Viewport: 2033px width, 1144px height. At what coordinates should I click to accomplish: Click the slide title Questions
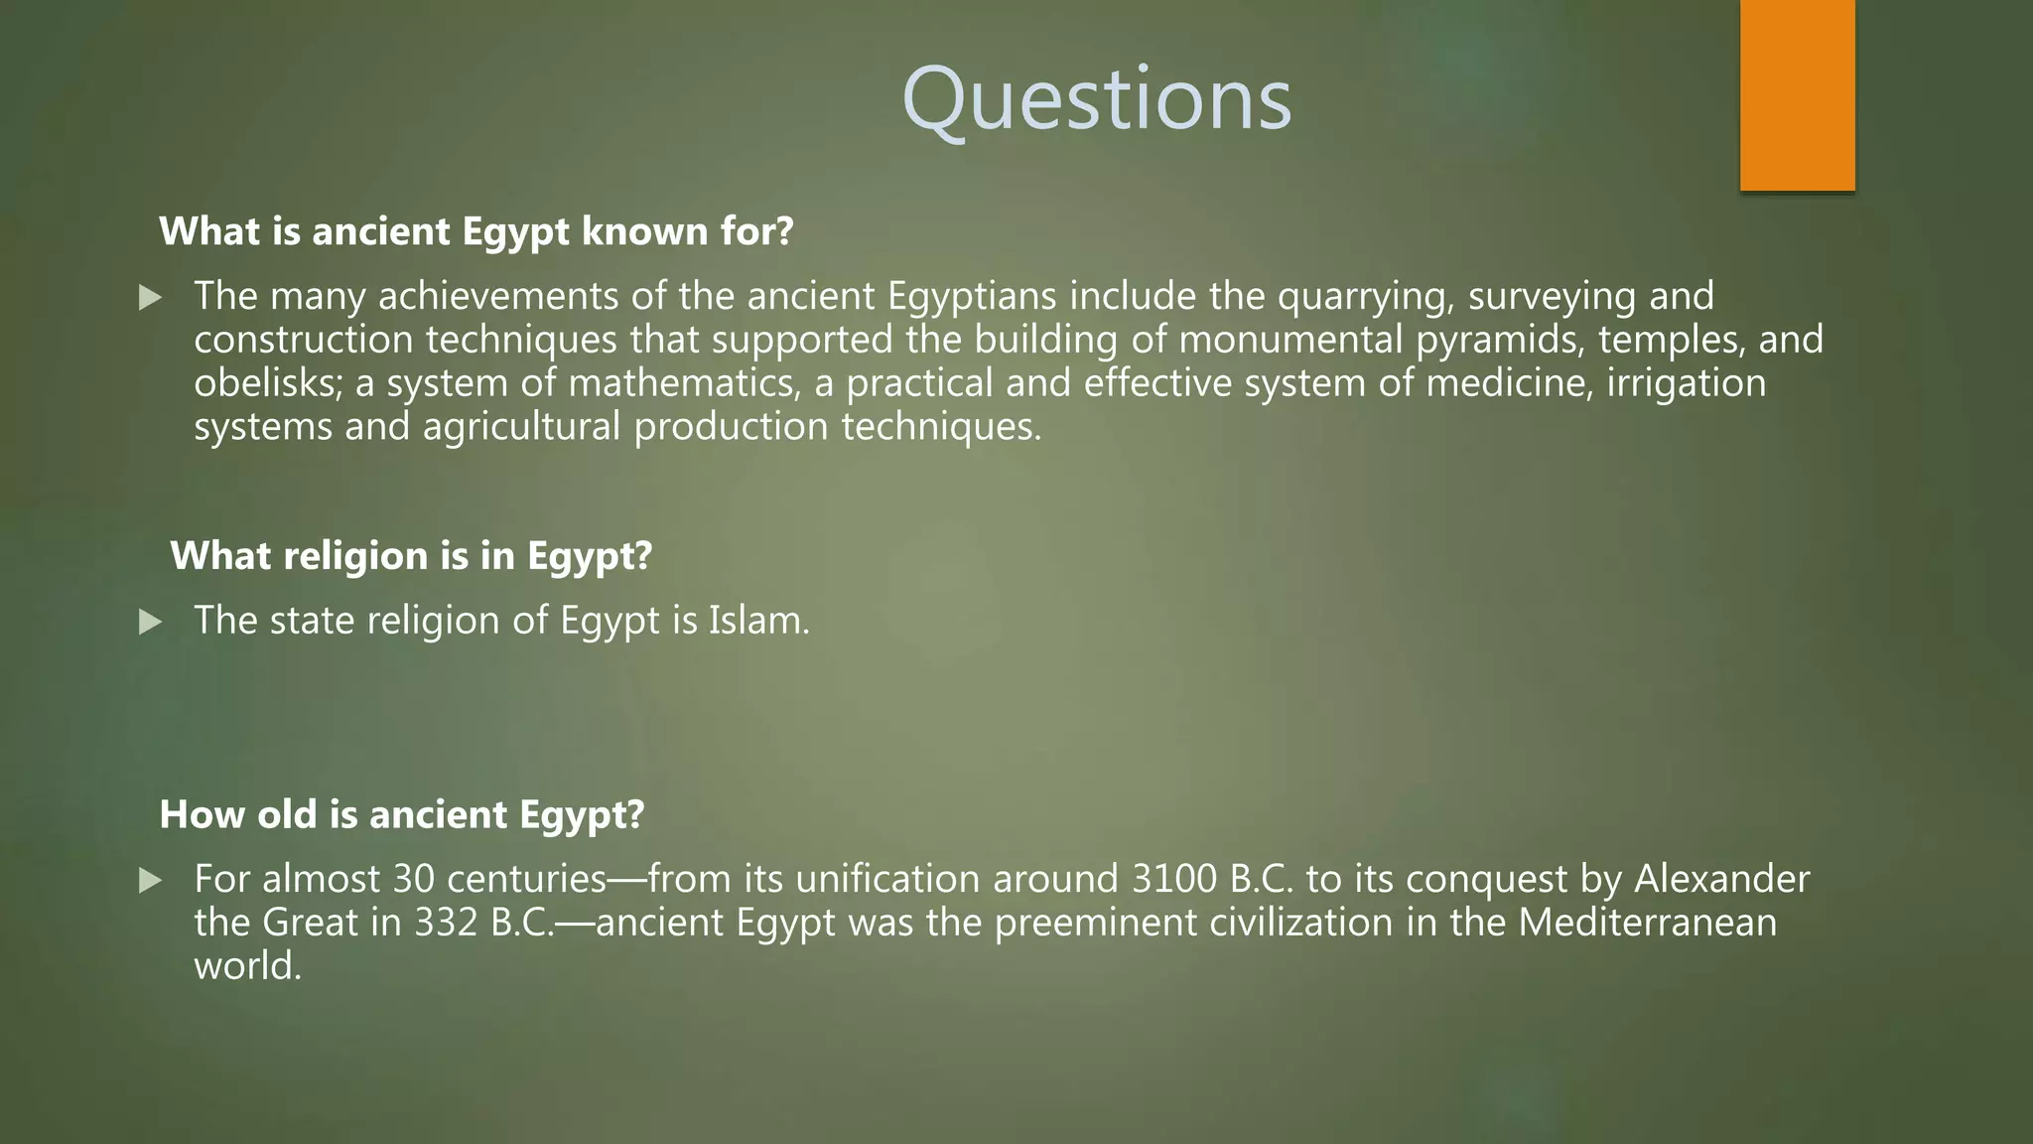pos(1096,99)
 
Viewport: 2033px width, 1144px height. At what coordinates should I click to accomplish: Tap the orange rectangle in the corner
pos(1797,94)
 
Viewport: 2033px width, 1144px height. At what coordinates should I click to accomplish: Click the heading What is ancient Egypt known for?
pos(476,231)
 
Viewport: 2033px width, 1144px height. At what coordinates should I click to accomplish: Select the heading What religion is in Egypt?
pos(411,556)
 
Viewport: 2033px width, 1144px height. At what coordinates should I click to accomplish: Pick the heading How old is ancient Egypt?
pos(402,815)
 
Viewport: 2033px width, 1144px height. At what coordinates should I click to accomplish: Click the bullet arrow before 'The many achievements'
pos(150,297)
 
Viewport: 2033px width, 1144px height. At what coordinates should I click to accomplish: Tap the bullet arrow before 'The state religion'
pos(150,622)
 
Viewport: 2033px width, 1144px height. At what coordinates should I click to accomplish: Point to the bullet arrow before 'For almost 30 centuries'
pos(150,880)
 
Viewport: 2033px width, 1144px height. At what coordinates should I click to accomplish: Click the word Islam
pos(757,621)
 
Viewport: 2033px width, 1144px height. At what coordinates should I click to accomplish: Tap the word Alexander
pos(1721,880)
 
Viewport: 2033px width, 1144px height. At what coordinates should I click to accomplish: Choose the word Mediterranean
pos(1647,924)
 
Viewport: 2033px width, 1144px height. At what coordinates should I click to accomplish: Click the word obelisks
pos(268,383)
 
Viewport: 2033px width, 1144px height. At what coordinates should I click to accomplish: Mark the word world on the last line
pos(247,966)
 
